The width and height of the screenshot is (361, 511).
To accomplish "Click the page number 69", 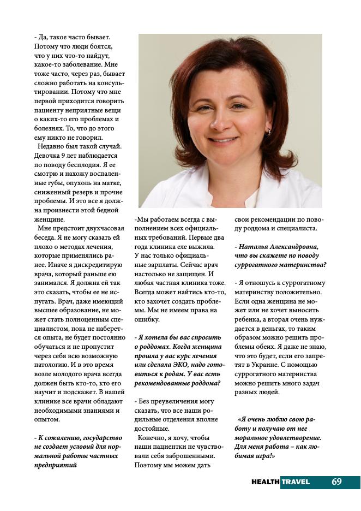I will (336, 482).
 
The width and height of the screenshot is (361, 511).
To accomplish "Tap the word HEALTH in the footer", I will (266, 482).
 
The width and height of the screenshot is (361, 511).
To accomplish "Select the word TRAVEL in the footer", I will (296, 482).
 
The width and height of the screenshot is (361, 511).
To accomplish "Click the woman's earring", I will (268, 132).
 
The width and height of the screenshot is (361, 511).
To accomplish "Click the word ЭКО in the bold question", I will (182, 365).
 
